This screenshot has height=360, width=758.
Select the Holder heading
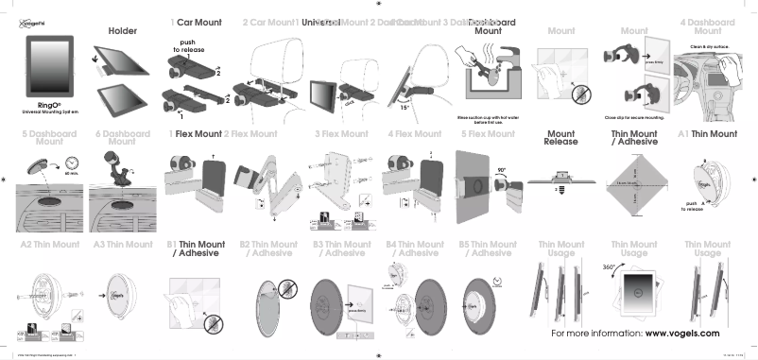click(122, 31)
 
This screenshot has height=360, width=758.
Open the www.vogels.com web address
click(682, 334)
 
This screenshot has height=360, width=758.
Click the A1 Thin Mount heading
click(715, 134)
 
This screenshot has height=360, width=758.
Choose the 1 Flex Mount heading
click(196, 134)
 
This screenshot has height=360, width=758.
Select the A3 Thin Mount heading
click(122, 245)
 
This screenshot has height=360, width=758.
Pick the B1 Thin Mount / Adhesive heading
click(196, 249)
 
